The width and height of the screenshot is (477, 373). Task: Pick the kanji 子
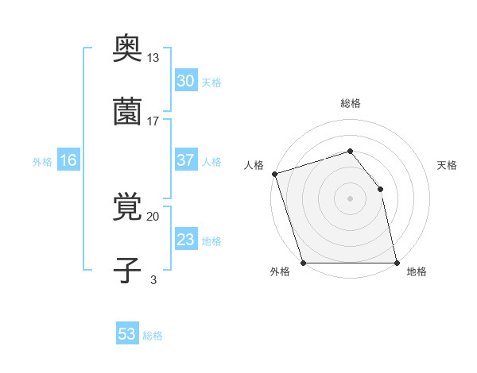pos(128,271)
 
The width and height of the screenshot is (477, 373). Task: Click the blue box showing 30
pos(185,80)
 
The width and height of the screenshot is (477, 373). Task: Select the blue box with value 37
pos(185,160)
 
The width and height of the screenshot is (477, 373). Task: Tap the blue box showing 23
pos(185,240)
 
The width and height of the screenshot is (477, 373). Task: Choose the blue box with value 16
pos(68,160)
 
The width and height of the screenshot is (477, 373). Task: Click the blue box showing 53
pos(127,334)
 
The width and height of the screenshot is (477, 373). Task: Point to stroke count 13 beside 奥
pos(153,58)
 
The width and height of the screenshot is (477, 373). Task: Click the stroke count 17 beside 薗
pos(153,121)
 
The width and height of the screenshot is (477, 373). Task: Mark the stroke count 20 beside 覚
pos(153,216)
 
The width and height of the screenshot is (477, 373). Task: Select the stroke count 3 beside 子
pos(153,279)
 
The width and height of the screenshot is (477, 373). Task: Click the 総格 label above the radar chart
pos(350,103)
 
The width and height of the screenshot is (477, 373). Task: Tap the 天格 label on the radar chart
pos(448,165)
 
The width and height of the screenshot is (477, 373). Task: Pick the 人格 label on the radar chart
pos(254,165)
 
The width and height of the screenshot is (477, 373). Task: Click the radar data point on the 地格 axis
pos(397,262)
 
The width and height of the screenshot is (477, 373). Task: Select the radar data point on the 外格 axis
pos(303,262)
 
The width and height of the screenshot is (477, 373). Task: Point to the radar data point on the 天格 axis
pos(380,189)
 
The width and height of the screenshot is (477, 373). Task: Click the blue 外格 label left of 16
pos(42,161)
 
